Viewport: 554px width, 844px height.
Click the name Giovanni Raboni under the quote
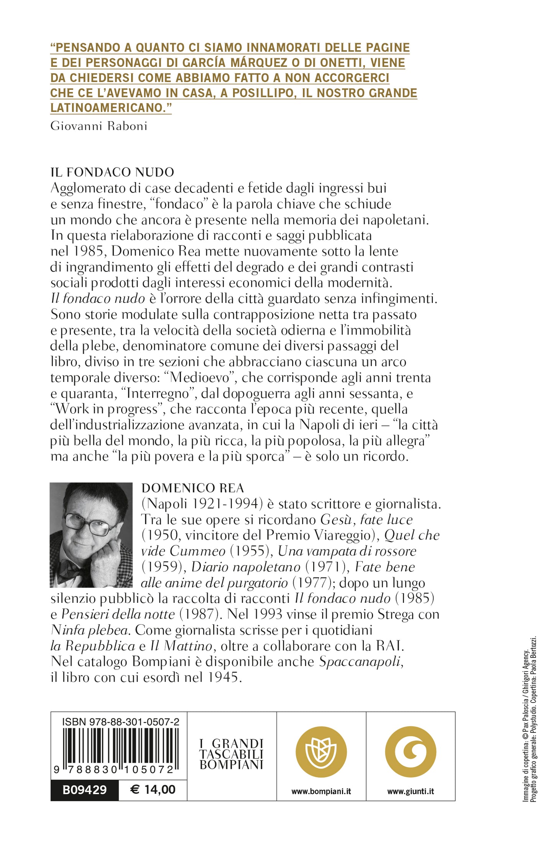pyautogui.click(x=99, y=126)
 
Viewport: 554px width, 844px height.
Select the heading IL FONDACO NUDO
pyautogui.click(x=112, y=172)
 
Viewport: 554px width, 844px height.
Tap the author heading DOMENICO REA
pyautogui.click(x=192, y=488)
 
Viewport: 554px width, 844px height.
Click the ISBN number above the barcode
pyautogui.click(x=120, y=722)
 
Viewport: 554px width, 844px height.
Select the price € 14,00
pyautogui.click(x=153, y=789)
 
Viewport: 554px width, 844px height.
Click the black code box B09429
pyautogui.click(x=84, y=790)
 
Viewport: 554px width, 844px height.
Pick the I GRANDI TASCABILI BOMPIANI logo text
pyautogui.click(x=232, y=754)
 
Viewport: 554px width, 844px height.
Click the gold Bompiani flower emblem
pyautogui.click(x=321, y=752)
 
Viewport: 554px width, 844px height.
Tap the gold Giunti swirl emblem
pyautogui.click(x=410, y=752)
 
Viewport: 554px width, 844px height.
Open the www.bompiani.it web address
pyautogui.click(x=321, y=791)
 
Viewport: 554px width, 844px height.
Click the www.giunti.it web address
pyautogui.click(x=411, y=791)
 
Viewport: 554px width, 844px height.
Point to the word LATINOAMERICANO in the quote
pyautogui.click(x=110, y=108)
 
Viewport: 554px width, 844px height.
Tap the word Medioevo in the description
pyautogui.click(x=200, y=377)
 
